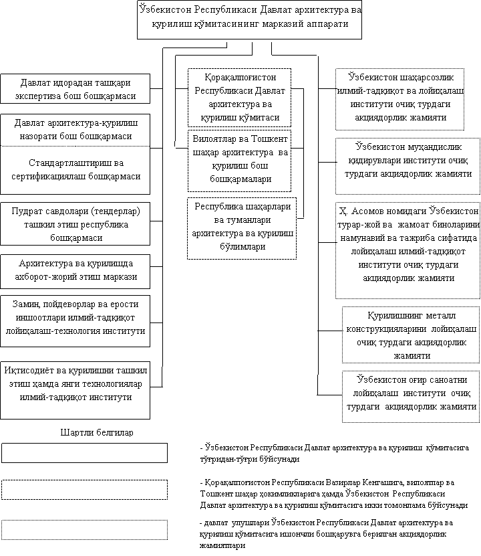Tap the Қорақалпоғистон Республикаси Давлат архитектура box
240,97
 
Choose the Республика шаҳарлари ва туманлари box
240,227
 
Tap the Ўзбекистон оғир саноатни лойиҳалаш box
410,396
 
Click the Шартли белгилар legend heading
98,432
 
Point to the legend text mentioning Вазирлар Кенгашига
334,493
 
